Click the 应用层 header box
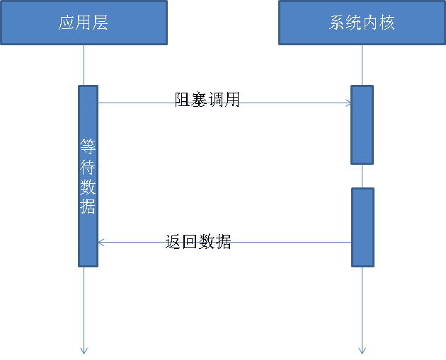(x=84, y=23)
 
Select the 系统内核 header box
(x=362, y=23)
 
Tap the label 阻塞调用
(x=207, y=100)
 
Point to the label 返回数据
(x=198, y=242)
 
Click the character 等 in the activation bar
(x=88, y=147)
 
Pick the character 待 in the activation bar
(x=88, y=168)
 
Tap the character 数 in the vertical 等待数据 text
(x=88, y=187)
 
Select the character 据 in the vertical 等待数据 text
(x=88, y=207)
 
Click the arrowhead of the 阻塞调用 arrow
(x=348, y=103)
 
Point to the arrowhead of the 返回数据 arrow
(x=101, y=243)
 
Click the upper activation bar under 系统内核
(x=362, y=124)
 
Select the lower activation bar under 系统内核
(x=362, y=226)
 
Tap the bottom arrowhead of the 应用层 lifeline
(x=84, y=349)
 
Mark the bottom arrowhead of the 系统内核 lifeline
(x=362, y=349)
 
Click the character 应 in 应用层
(x=67, y=23)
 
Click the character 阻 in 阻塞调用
(x=183, y=100)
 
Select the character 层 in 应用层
(x=101, y=23)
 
